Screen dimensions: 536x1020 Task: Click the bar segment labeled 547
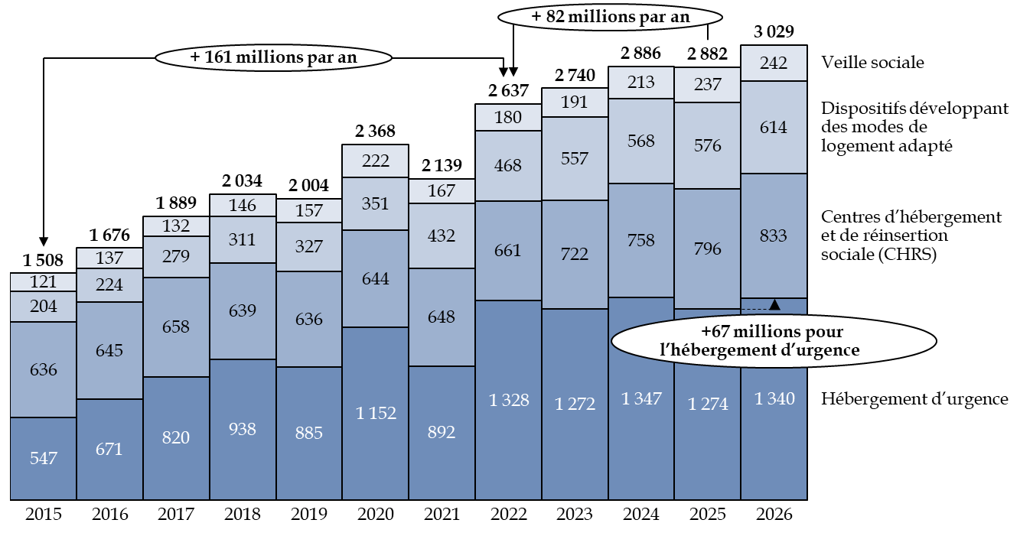point(44,458)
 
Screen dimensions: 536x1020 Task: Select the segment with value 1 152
point(376,413)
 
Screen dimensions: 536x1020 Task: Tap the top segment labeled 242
point(774,63)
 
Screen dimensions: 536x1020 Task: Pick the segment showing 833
point(774,236)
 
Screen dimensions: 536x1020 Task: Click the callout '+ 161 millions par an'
point(273,57)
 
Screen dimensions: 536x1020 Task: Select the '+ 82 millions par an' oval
point(610,17)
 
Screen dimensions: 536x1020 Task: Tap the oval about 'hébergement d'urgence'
point(773,341)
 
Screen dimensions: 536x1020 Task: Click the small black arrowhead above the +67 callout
point(774,304)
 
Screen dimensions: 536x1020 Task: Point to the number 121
point(44,282)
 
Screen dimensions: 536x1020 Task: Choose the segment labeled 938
point(243,429)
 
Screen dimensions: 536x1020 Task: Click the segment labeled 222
point(376,161)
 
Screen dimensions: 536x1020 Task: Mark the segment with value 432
point(442,236)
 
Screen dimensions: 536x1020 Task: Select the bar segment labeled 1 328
point(508,400)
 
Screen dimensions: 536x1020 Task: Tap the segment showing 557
point(575,158)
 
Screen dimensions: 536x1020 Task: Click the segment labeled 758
point(640,240)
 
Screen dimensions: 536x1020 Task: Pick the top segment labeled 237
point(707,85)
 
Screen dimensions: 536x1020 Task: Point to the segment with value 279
point(176,256)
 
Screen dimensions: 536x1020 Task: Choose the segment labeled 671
point(109,449)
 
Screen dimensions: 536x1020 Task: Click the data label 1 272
point(575,404)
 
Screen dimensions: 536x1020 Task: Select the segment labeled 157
point(309,210)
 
